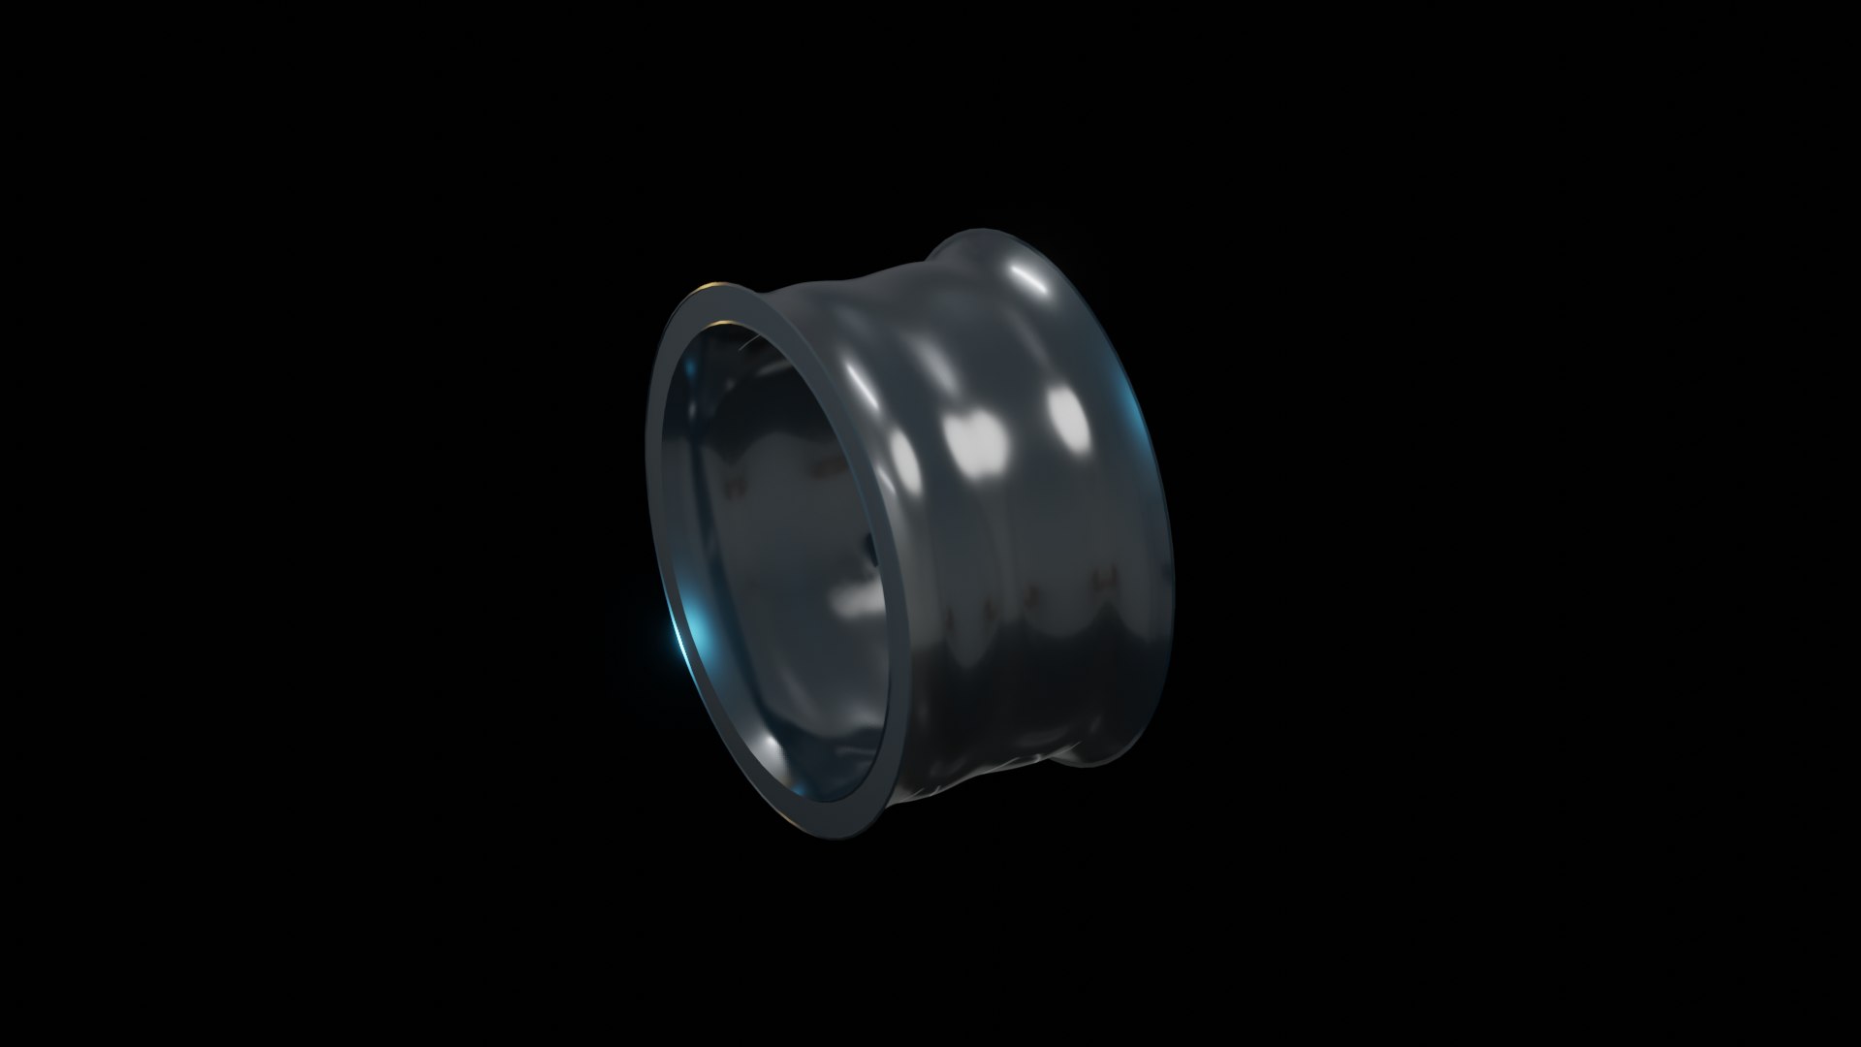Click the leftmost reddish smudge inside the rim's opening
coord(735,482)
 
